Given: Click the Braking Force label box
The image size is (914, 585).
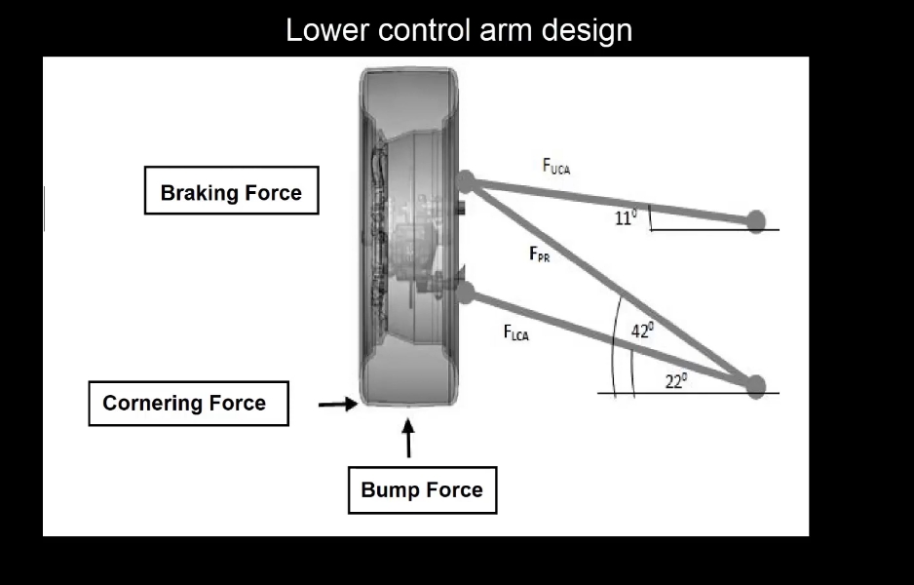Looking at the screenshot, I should (231, 192).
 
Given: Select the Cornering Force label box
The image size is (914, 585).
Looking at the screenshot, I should (188, 403).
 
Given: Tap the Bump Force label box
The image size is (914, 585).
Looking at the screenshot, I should (422, 489).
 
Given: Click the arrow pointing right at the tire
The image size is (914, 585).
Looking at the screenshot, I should (338, 404).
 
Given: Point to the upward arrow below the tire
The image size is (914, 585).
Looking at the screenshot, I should (408, 438).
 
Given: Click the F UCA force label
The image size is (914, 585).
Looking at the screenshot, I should (555, 167).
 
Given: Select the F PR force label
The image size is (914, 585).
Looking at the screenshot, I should (539, 255).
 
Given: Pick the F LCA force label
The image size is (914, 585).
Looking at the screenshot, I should (516, 333).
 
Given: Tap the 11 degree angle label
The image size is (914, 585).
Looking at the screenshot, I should (625, 218).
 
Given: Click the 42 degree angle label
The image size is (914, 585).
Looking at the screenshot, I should (642, 331).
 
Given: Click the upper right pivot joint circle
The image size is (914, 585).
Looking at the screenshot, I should (756, 221).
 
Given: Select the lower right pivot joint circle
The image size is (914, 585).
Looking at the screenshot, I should (756, 385).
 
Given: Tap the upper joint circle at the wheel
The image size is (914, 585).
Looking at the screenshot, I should (466, 180).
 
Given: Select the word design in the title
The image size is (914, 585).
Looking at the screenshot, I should (588, 31).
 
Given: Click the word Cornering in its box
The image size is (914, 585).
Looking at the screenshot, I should (151, 403).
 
